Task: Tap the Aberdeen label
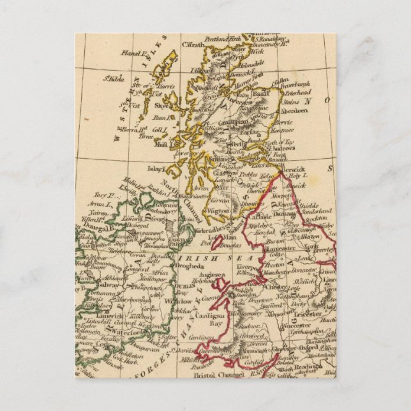[x=294, y=110]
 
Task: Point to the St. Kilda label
[x=115, y=79]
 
